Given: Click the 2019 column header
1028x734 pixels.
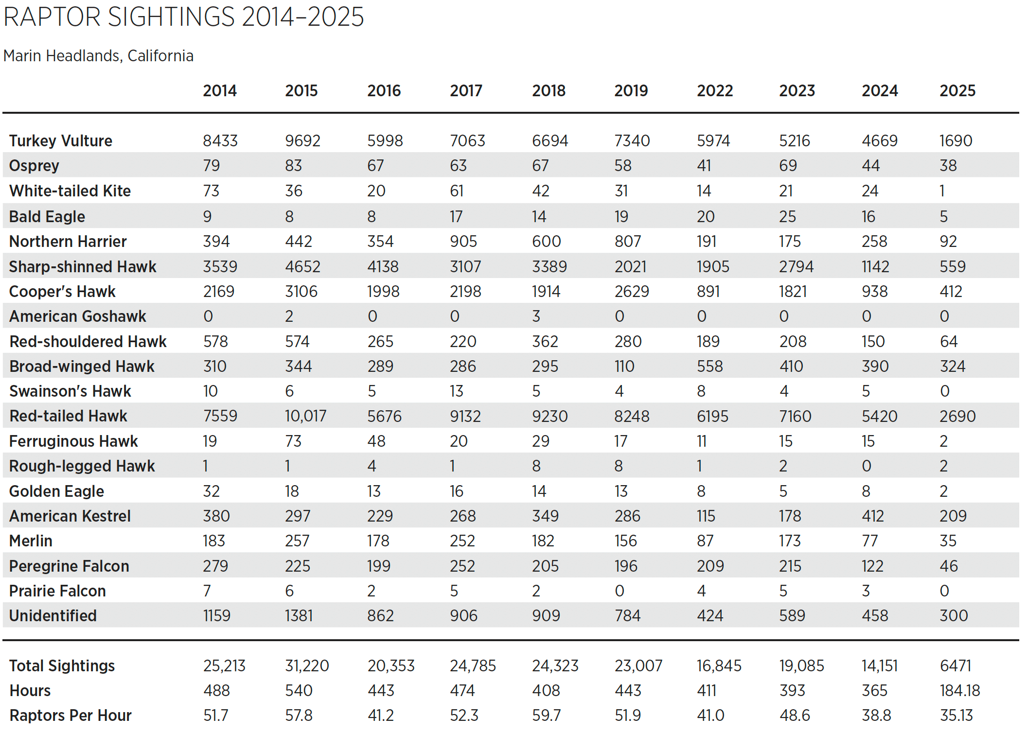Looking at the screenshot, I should (x=631, y=90).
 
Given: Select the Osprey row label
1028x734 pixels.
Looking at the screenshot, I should (x=34, y=166).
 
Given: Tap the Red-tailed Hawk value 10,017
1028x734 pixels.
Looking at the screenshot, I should (x=305, y=416).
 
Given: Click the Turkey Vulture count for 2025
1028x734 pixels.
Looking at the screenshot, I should (x=955, y=141).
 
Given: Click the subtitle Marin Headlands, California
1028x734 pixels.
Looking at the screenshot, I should (x=98, y=56).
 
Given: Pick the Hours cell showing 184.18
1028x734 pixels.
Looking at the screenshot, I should (x=959, y=691).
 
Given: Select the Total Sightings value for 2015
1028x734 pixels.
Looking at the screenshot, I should (x=307, y=666).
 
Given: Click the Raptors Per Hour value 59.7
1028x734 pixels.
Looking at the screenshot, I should (x=546, y=716).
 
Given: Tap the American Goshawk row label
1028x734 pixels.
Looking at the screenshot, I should (x=78, y=316).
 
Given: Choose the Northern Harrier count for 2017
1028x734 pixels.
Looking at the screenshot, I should (x=463, y=242).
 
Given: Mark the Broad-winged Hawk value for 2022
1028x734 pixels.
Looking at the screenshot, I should (x=709, y=367).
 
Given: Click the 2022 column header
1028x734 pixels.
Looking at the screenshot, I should (x=714, y=90).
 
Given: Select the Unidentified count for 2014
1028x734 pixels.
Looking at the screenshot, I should (x=216, y=616).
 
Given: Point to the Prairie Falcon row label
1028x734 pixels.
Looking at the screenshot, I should (x=57, y=591).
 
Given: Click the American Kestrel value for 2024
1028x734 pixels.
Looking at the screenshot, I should (x=872, y=516).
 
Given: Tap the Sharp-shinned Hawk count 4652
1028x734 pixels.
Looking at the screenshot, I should (x=302, y=267).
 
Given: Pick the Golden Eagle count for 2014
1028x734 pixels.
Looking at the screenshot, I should (x=211, y=491).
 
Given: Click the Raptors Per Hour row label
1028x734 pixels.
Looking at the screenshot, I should (x=71, y=716).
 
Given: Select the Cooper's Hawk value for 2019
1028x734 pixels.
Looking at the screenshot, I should (x=631, y=292).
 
